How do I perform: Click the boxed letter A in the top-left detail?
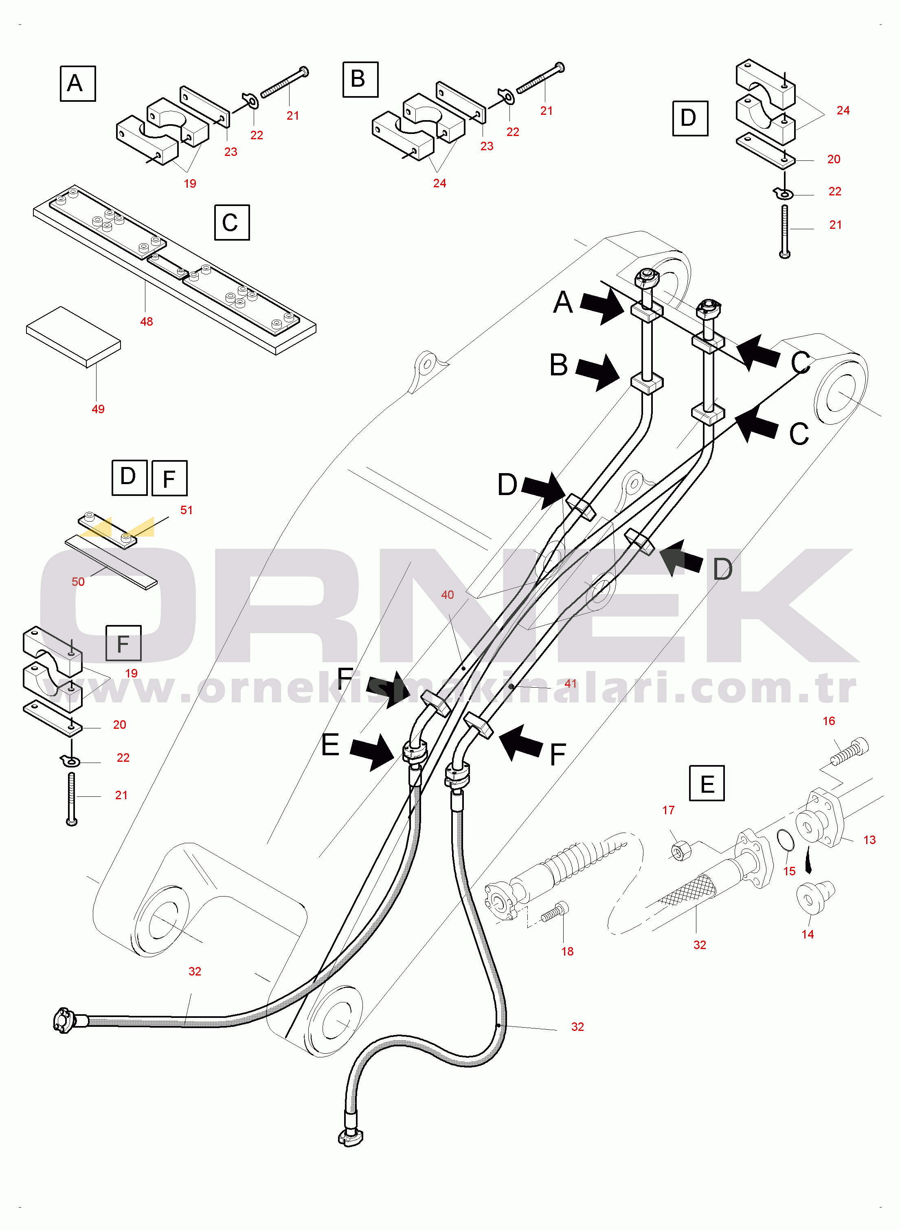coord(77,83)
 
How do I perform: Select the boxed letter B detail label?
coord(360,79)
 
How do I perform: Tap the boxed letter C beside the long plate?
coord(232,222)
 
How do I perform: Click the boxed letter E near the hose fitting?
coord(707,783)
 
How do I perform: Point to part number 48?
coord(146,321)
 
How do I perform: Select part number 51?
coord(187,510)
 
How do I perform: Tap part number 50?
coord(78,582)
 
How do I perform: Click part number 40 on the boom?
coord(447,595)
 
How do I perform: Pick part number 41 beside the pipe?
coord(571,683)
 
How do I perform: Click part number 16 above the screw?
coord(829,721)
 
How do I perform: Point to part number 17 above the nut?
coord(668,810)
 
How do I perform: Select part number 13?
coord(869,840)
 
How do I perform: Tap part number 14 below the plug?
coord(808,934)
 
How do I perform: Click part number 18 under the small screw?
coord(567,951)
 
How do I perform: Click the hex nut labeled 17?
coord(681,850)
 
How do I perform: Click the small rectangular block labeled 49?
coord(74,337)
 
